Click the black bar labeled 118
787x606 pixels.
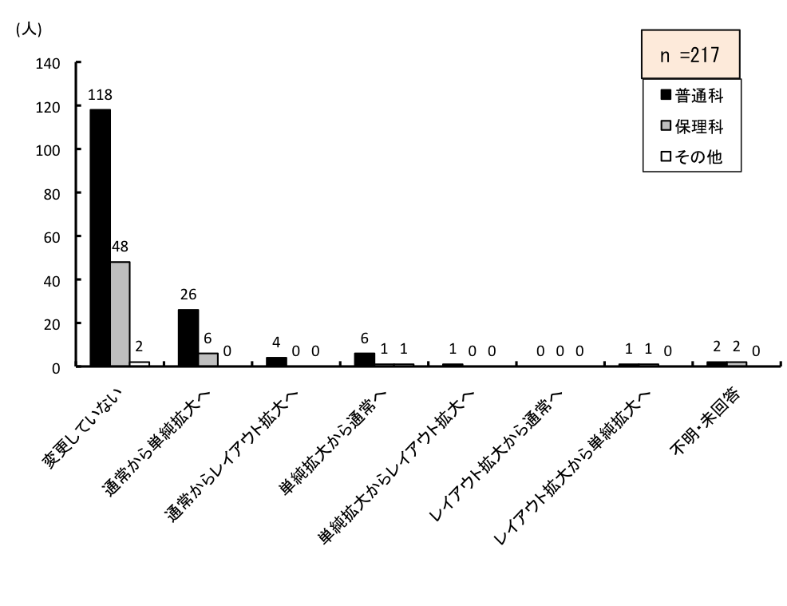point(101,237)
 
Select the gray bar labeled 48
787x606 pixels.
point(121,314)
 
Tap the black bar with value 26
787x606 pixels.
point(188,337)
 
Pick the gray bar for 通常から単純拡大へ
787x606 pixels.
point(208,359)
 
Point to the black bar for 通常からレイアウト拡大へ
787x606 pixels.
point(276,362)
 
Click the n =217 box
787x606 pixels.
point(691,55)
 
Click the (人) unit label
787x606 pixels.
point(29,30)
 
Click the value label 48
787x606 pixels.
point(121,248)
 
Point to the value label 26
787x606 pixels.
point(188,295)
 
